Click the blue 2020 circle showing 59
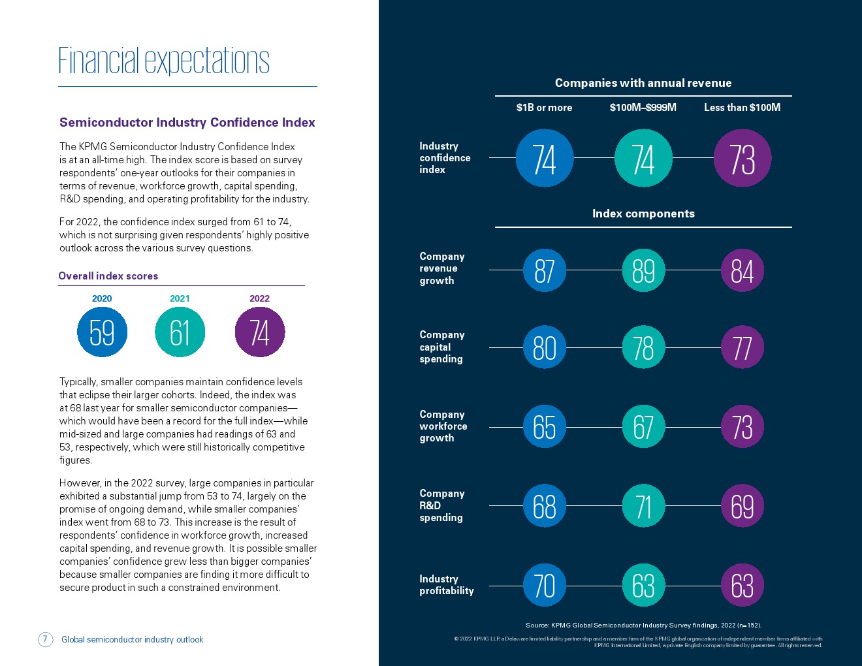(102, 332)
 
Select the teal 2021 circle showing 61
(180, 332)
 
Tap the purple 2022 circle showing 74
(260, 332)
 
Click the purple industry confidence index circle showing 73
(742, 158)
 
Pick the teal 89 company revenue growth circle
(643, 270)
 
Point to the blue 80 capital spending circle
(545, 347)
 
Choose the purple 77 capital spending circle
(742, 347)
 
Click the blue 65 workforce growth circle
(545, 426)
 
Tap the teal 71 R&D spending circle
(643, 505)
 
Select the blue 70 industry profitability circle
(545, 585)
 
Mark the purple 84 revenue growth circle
(742, 270)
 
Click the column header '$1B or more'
(544, 108)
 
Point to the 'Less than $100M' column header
(742, 108)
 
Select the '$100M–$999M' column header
(643, 108)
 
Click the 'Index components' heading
(643, 214)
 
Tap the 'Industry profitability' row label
(446, 584)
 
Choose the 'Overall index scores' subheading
(108, 276)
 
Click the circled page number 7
(45, 639)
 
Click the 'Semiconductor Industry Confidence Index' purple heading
(187, 122)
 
